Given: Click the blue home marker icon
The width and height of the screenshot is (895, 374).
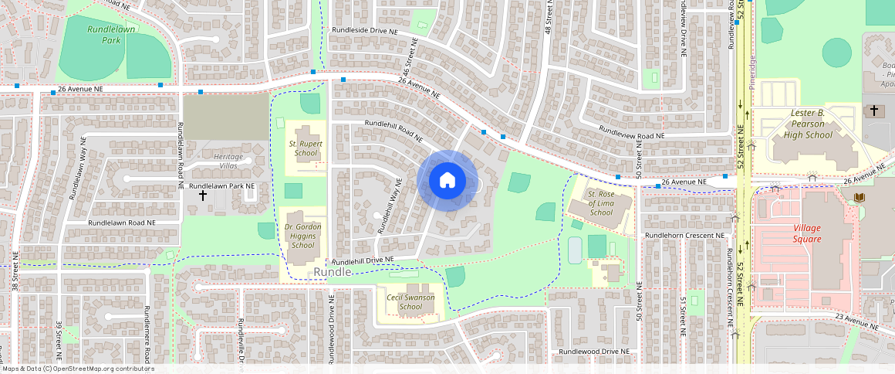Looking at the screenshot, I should coord(447,181).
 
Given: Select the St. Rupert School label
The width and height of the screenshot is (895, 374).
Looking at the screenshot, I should coord(306,148).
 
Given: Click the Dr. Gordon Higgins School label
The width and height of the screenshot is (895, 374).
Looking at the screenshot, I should coord(302,236).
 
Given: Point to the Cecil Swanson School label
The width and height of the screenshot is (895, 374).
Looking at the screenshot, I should coord(410,301).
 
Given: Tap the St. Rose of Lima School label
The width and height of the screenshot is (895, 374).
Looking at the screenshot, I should coord(600,202).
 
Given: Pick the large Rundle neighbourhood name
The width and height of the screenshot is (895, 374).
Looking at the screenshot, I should coord(333,272).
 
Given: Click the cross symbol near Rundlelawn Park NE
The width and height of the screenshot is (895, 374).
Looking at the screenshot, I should coord(203,195).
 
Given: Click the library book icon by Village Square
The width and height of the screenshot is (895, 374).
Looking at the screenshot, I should coord(859,198).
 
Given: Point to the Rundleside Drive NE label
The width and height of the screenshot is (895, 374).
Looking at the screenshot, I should coord(365,30).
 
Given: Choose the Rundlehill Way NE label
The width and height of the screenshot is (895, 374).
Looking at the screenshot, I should coord(390,207).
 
